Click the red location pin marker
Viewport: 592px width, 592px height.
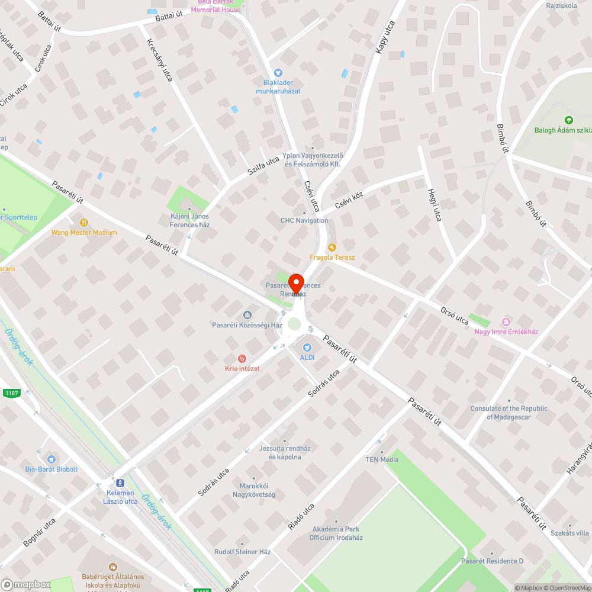click(296, 283)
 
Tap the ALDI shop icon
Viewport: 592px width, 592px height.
click(307, 348)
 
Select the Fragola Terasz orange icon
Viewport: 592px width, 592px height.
click(332, 247)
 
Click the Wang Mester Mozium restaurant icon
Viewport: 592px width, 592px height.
click(83, 223)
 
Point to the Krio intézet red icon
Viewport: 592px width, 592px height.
click(242, 359)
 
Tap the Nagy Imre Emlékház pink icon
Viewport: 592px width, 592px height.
click(506, 321)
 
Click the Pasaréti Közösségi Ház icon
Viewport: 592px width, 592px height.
click(247, 315)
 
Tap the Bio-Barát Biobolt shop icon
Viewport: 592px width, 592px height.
click(51, 459)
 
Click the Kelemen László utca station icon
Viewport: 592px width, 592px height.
click(120, 483)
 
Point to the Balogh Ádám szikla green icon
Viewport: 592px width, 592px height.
click(569, 120)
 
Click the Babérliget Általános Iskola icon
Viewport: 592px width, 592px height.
click(112, 567)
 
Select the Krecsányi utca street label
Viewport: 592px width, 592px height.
click(160, 60)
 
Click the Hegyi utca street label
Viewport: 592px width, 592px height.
click(434, 205)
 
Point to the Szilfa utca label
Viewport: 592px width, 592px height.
click(263, 168)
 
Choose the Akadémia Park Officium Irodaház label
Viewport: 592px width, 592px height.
click(336, 533)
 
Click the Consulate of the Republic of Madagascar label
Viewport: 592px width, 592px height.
click(509, 413)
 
